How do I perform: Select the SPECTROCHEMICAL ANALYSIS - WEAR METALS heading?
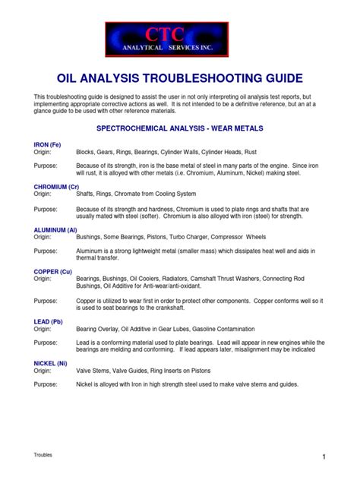tap(179, 129)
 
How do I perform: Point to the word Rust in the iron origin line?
tap(280, 152)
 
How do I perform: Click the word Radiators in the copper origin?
tap(181, 279)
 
